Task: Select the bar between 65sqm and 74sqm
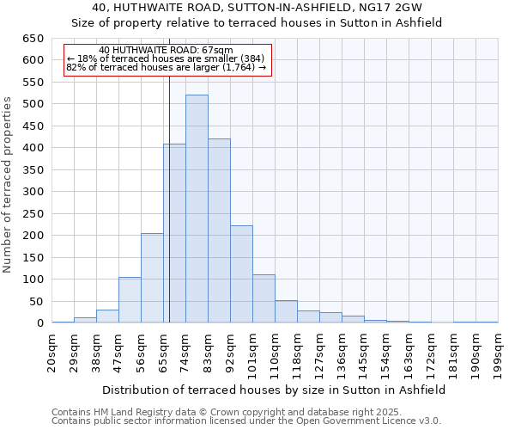174,233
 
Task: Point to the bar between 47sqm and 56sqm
130,300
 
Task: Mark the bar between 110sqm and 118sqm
286,311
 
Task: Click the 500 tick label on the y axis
33,104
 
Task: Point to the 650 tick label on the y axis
33,39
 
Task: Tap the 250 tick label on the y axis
33,213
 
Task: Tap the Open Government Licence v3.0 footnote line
246,421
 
